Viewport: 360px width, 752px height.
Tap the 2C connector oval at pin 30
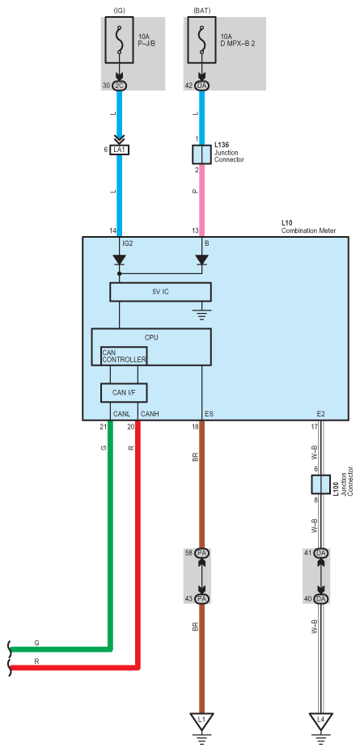[120, 86]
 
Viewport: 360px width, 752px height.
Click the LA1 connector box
[120, 150]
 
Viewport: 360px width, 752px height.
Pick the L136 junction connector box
[201, 154]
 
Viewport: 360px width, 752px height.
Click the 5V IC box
[160, 292]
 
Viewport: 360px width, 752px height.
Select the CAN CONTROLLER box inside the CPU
[124, 356]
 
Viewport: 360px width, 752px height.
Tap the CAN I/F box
[124, 393]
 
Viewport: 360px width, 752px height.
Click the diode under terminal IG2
[120, 260]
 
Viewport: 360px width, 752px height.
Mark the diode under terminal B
[201, 260]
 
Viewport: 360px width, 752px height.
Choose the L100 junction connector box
[320, 484]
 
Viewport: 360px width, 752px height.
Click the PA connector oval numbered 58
[202, 553]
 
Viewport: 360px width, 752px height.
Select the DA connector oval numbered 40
[320, 598]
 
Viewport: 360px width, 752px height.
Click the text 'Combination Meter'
[309, 230]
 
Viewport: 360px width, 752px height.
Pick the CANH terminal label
[148, 413]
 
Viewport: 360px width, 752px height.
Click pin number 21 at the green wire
[103, 426]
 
